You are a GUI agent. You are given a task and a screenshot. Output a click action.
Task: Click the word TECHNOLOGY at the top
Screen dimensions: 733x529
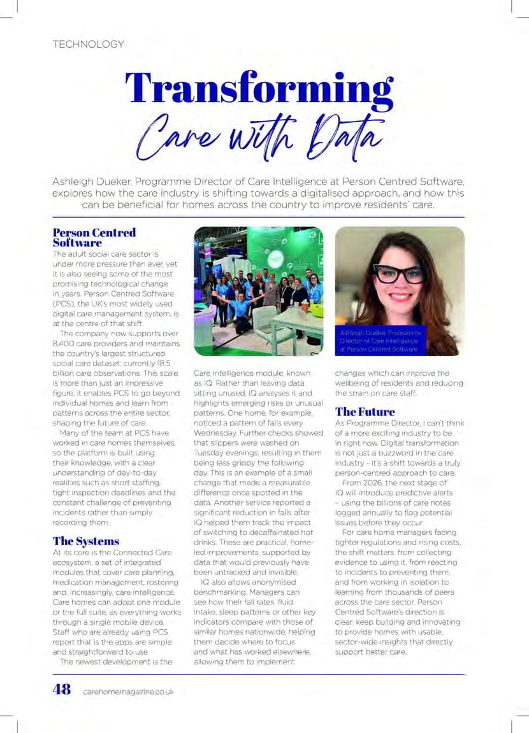89,45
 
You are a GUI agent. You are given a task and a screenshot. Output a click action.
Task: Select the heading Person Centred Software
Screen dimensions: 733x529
94,237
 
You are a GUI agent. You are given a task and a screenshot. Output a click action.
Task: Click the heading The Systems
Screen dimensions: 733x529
86,541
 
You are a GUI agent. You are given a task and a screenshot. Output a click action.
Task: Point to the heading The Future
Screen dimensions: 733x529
365,411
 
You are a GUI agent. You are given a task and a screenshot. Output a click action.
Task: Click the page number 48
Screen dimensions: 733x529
62,690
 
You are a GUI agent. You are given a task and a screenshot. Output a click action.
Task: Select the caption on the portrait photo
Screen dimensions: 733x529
380,341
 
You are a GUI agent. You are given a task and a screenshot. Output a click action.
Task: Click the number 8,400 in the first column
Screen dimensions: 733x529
65,344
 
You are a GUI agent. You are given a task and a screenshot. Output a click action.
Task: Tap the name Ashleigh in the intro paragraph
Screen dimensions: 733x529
76,181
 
